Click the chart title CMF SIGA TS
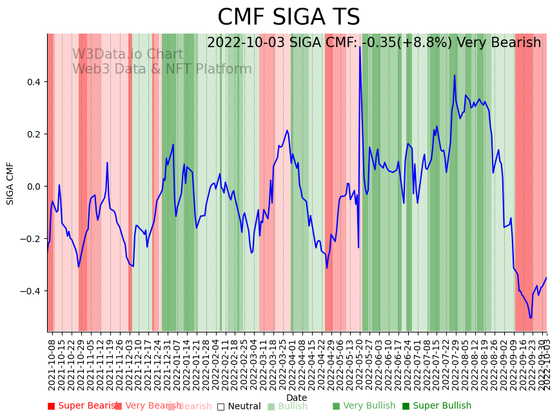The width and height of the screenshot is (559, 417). pos(288,17)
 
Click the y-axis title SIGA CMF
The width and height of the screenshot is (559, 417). pos(10,183)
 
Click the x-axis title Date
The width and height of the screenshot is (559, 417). pos(297,398)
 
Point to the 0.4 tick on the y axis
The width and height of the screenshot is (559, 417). pos(33,82)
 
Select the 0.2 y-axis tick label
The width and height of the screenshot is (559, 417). pos(33,134)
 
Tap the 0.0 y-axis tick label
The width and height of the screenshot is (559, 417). pos(33,187)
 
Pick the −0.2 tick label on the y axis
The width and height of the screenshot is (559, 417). pos(30,239)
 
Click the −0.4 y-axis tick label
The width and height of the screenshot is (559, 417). pos(30,291)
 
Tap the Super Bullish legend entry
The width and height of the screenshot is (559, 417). pos(436,406)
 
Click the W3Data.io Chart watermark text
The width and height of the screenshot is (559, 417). pos(128,55)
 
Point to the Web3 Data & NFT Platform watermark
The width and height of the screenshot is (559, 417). pos(162,69)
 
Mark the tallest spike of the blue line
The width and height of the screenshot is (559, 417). pos(360,48)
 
